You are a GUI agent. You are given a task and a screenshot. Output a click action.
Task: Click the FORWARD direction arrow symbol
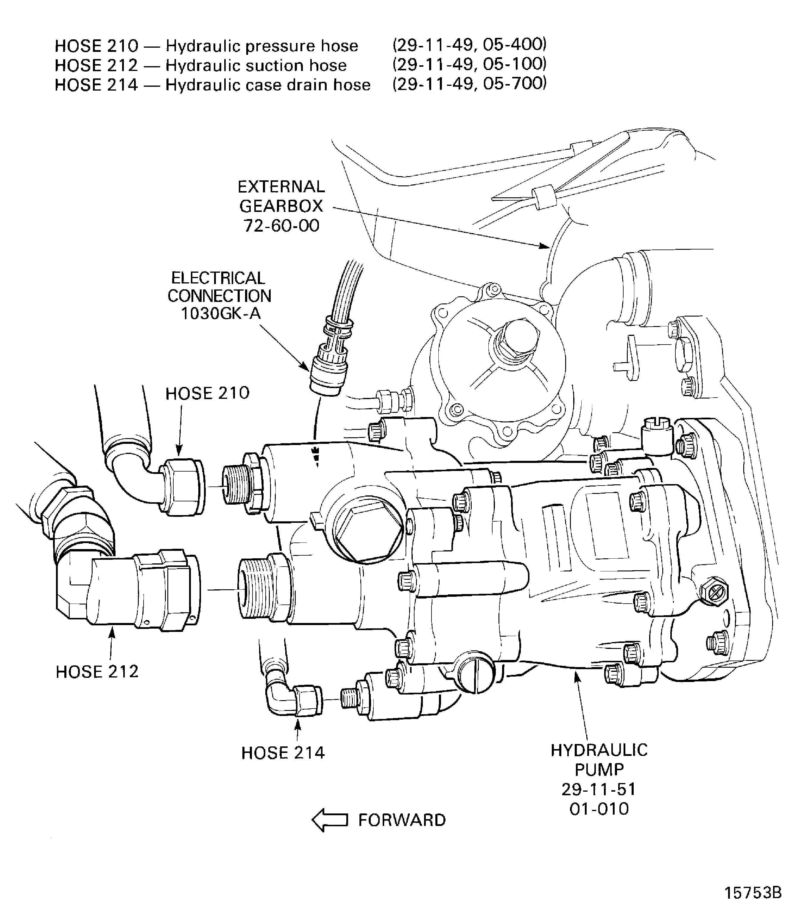[x=330, y=820]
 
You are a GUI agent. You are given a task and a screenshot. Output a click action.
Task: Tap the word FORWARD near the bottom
[x=401, y=820]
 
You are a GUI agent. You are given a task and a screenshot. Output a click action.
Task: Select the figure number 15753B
[x=752, y=892]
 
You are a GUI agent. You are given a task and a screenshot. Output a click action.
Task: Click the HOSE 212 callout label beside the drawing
[x=97, y=672]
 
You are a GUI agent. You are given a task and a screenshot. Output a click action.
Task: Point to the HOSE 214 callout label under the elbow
[x=283, y=753]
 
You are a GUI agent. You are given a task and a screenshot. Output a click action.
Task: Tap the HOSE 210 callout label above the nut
[x=207, y=393]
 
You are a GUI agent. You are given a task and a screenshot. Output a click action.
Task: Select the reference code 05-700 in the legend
[x=515, y=83]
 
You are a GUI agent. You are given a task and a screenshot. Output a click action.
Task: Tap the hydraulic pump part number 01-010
[x=599, y=809]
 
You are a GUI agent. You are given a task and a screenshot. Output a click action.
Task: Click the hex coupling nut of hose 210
[x=182, y=487]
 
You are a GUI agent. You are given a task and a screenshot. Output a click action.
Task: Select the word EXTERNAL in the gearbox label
[x=281, y=187]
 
